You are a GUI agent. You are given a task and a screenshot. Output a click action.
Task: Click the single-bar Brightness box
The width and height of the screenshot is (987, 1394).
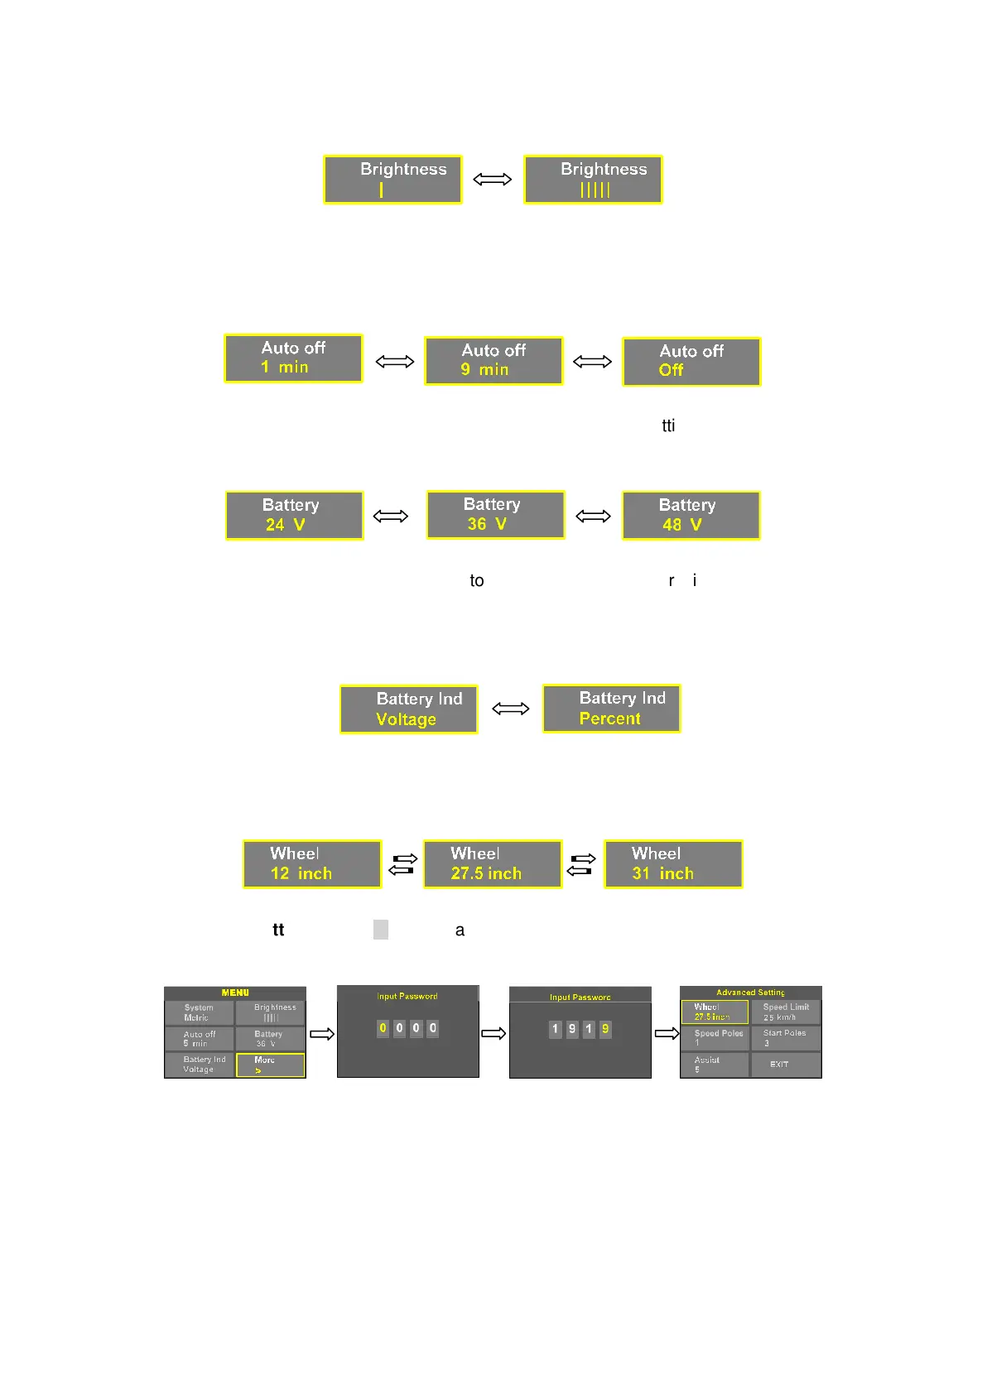pos(392,179)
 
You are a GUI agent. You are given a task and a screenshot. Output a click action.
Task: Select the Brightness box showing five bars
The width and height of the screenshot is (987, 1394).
pos(593,179)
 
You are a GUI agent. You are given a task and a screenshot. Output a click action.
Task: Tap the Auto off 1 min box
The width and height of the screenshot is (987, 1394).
pos(293,358)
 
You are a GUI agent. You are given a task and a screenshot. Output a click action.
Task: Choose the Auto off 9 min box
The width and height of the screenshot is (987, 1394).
pos(493,360)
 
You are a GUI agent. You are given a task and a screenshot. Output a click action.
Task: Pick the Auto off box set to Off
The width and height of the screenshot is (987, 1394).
pos(691,361)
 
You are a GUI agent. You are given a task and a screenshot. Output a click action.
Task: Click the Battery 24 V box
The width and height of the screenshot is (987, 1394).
pos(294,515)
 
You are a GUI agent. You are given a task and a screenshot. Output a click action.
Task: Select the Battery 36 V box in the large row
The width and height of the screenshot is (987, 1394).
pos(495,514)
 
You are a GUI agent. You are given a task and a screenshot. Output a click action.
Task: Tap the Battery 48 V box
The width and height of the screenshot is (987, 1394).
pos(691,515)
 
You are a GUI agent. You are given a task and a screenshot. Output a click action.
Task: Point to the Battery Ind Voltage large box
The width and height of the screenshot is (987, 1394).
pos(409,709)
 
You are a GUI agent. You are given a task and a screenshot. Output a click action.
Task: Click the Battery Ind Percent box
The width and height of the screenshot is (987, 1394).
pos(611,708)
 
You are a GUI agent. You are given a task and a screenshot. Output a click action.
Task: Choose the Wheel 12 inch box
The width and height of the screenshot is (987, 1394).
pos(312,863)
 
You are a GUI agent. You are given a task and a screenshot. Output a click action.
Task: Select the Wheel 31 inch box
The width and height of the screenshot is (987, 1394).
pos(673,863)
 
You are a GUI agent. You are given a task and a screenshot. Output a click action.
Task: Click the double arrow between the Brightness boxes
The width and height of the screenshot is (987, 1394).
pos(492,179)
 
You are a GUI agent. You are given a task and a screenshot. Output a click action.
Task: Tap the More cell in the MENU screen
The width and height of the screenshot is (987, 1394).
pos(270,1065)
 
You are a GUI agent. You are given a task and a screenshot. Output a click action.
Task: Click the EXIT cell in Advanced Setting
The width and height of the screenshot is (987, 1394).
pos(785,1065)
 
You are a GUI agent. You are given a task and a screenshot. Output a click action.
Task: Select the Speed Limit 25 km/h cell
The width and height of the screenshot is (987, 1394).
pos(785,1012)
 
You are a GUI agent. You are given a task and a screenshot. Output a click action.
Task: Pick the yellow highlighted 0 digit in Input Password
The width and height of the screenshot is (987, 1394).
pos(383,1028)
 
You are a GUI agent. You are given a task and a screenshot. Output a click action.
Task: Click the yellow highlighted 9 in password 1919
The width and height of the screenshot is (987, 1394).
pos(605,1029)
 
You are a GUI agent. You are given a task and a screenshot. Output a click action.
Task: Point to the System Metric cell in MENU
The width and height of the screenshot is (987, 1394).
pos(199,1012)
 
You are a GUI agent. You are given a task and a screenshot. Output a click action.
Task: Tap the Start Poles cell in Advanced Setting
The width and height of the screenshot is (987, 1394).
pos(785,1038)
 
